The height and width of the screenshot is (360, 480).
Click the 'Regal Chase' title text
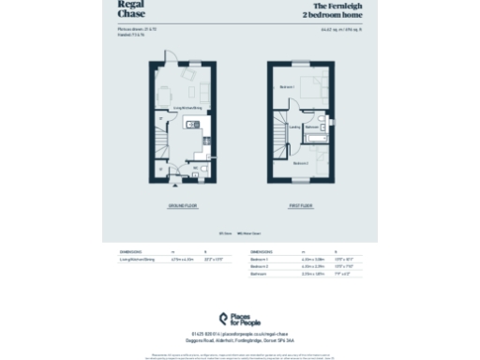click(106, 9)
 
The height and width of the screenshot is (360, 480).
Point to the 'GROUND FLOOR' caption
click(182, 205)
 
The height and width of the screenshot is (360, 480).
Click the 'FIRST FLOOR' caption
click(300, 205)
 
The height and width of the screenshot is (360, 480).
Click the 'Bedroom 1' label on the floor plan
click(287, 87)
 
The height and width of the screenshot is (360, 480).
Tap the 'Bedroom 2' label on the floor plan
click(299, 163)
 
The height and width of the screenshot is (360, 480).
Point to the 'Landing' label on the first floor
click(293, 127)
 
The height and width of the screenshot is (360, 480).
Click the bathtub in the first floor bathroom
click(314, 138)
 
